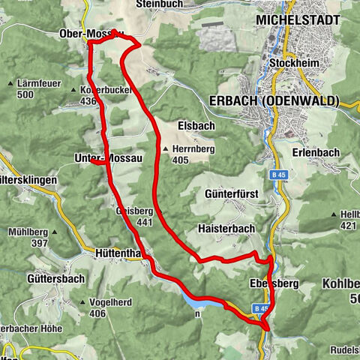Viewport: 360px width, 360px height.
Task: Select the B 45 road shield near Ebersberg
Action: tap(260, 308)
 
